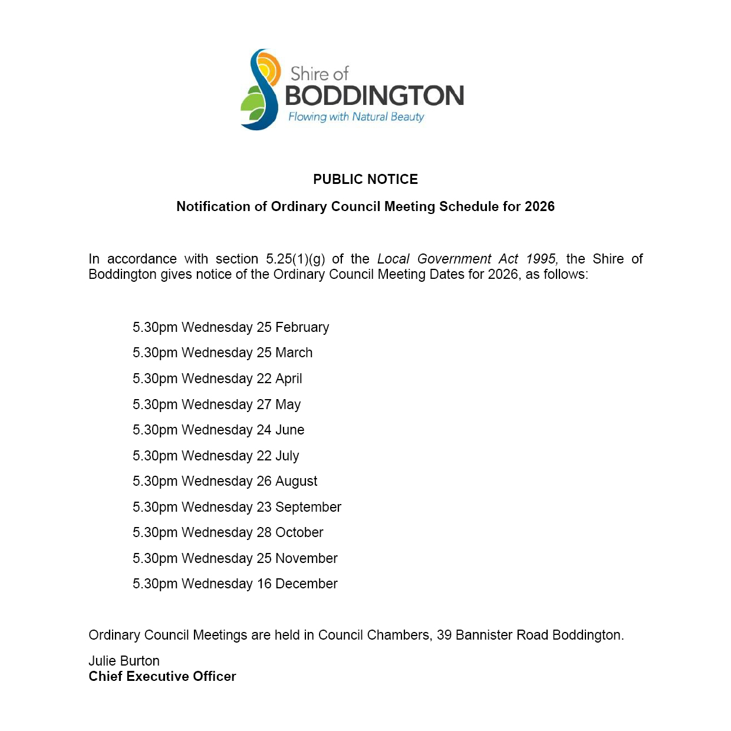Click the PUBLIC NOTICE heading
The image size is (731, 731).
365,179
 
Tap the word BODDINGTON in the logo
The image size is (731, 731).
374,96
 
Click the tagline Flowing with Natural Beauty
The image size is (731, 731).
356,117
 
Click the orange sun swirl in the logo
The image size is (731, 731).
269,67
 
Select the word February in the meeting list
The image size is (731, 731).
302,327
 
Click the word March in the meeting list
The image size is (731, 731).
294,353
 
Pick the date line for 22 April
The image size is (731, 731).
217,378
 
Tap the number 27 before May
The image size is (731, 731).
264,404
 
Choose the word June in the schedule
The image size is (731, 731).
289,430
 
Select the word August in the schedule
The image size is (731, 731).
296,481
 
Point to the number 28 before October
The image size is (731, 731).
264,532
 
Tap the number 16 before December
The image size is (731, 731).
264,584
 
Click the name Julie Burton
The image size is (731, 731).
124,661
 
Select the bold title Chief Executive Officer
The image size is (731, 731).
162,676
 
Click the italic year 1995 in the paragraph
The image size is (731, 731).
541,259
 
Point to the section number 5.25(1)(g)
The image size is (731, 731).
295,259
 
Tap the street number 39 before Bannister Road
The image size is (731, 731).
444,635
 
